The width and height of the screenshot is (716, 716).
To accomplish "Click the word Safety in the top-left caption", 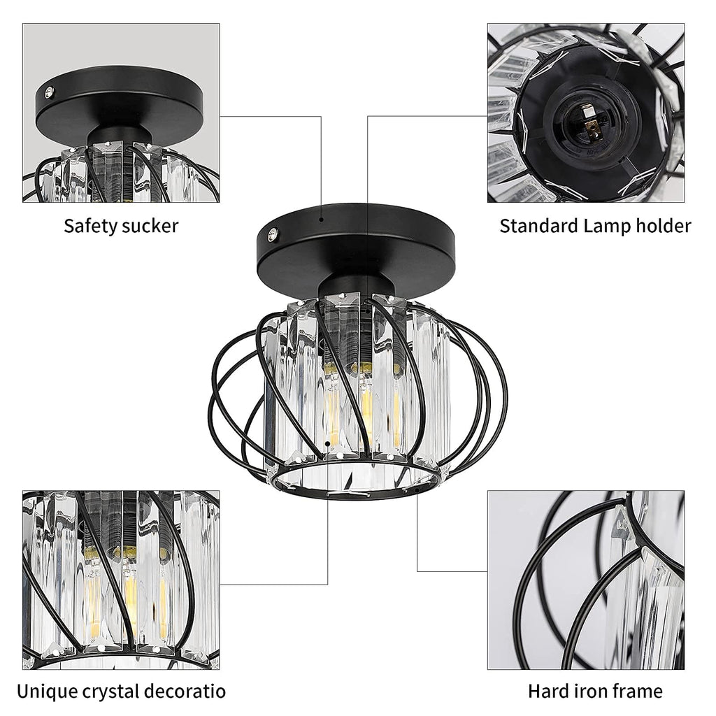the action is [92, 226].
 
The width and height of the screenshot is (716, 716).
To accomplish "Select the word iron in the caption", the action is [588, 692].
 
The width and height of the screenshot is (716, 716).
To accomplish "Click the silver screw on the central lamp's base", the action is [273, 234].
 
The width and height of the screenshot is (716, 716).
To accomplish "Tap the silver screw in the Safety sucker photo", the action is [49, 93].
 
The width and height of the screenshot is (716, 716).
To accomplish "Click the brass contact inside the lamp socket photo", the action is [593, 130].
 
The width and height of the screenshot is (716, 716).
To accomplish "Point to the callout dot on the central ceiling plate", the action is [322, 220].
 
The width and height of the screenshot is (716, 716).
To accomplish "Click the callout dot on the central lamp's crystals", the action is [327, 443].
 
